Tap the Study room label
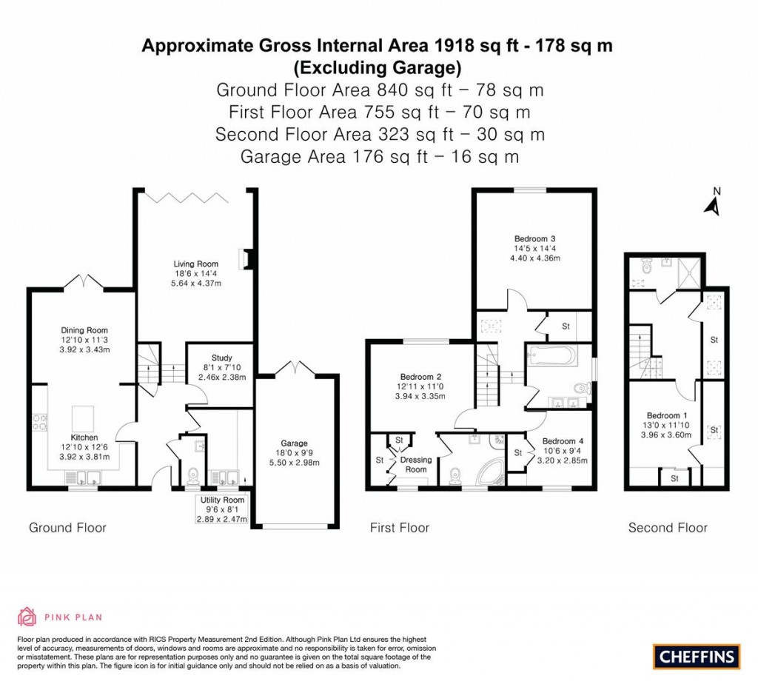(221, 358)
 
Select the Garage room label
(294, 443)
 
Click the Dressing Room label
(416, 464)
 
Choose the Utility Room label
(221, 500)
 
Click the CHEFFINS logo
(696, 655)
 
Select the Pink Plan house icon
(27, 617)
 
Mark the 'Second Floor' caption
(667, 528)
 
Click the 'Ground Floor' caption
(67, 528)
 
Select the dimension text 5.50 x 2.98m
(294, 463)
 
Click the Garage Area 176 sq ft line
(379, 157)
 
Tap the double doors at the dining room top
(82, 283)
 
